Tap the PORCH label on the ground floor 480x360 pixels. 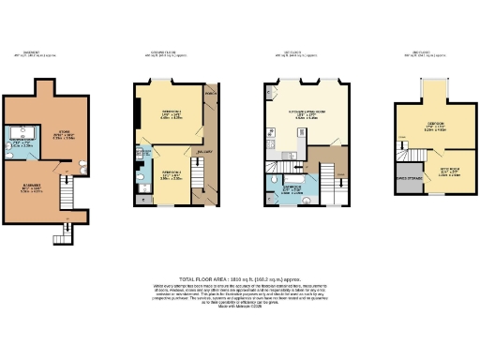tap(210, 94)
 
